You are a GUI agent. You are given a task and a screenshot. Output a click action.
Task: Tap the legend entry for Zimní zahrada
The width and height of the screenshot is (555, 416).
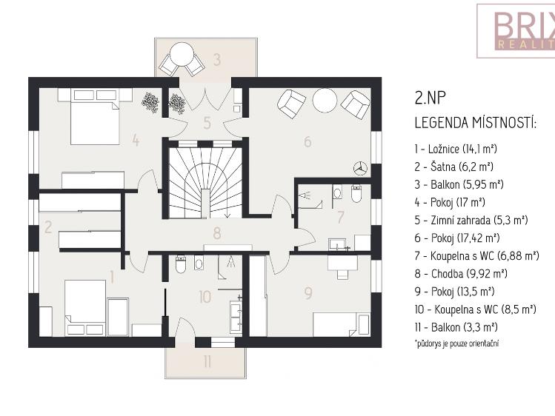(471, 219)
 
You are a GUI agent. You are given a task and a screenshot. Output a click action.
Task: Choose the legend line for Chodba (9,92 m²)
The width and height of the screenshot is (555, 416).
(460, 272)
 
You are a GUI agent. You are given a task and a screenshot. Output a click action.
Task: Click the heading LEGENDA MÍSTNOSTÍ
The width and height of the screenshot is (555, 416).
(474, 122)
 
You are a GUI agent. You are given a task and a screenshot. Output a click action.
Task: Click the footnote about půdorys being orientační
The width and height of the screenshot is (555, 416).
(456, 343)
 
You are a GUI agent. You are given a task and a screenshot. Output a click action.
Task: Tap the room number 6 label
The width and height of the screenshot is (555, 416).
(308, 141)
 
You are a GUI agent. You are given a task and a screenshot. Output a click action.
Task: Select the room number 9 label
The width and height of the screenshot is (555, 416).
(308, 292)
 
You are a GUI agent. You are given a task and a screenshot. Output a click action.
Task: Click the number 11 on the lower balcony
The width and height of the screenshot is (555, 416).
(207, 363)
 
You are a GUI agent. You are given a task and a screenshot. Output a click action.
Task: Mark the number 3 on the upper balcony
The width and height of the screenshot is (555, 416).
(217, 60)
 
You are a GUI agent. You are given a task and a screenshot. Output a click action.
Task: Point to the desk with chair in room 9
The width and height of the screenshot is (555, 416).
(342, 263)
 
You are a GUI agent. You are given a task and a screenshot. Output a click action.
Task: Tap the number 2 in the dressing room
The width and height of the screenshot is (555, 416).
(47, 227)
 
